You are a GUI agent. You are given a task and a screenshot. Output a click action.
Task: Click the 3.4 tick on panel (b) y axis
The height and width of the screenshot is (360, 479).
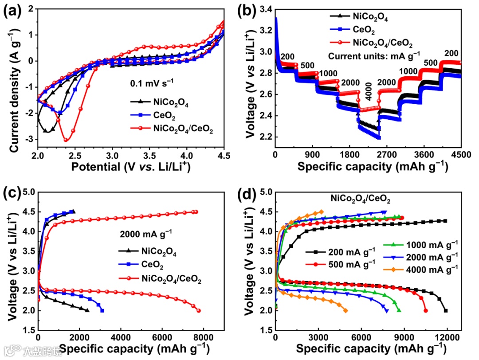click(x=263, y=9)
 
